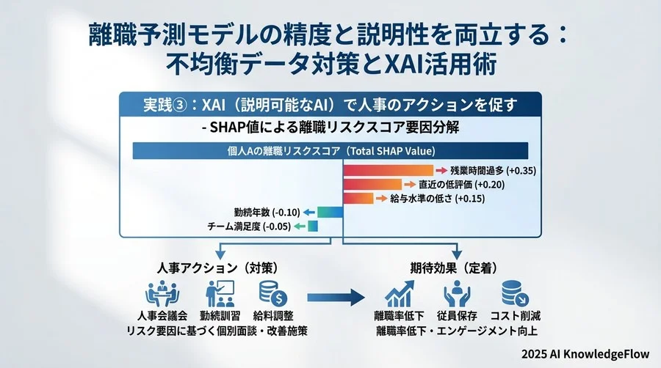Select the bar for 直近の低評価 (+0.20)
point(371,185)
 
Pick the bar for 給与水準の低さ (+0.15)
point(358,199)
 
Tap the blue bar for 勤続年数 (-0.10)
point(330,213)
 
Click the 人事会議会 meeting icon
point(158,295)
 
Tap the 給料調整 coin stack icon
point(273,295)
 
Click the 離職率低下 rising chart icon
point(399,295)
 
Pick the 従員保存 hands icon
point(457,295)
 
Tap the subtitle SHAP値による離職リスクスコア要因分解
point(330,127)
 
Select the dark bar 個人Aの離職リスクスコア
point(330,150)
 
